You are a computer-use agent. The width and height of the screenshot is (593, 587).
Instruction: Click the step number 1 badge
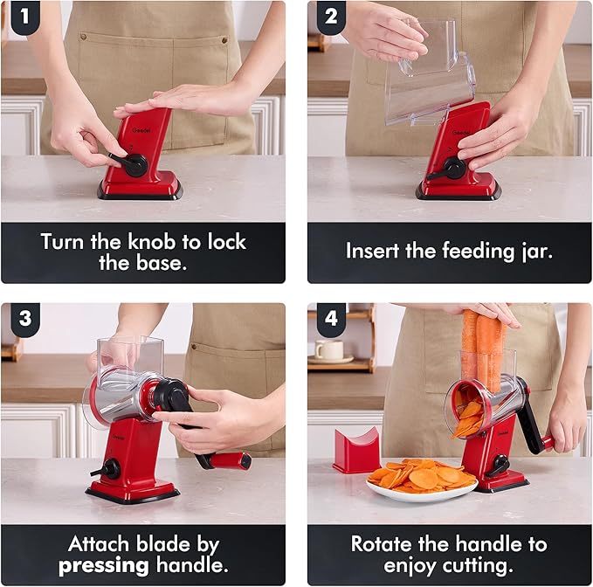(25, 17)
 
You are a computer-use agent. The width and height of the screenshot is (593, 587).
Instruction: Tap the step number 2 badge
(331, 17)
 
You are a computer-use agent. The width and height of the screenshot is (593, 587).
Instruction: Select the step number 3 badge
(25, 319)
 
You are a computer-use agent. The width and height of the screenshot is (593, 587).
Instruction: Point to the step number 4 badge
(331, 319)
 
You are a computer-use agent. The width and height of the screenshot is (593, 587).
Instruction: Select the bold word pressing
(104, 566)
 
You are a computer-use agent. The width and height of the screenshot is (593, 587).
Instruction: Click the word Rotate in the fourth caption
(382, 544)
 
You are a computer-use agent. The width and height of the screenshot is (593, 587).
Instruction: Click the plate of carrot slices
(422, 480)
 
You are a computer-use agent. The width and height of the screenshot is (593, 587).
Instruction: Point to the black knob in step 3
(108, 469)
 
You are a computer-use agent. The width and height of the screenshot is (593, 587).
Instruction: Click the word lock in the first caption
(226, 241)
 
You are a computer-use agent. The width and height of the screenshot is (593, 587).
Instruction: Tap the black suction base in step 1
(140, 193)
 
